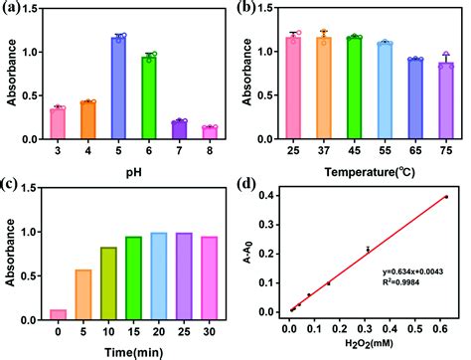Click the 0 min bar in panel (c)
58,312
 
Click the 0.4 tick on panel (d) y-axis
268,196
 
